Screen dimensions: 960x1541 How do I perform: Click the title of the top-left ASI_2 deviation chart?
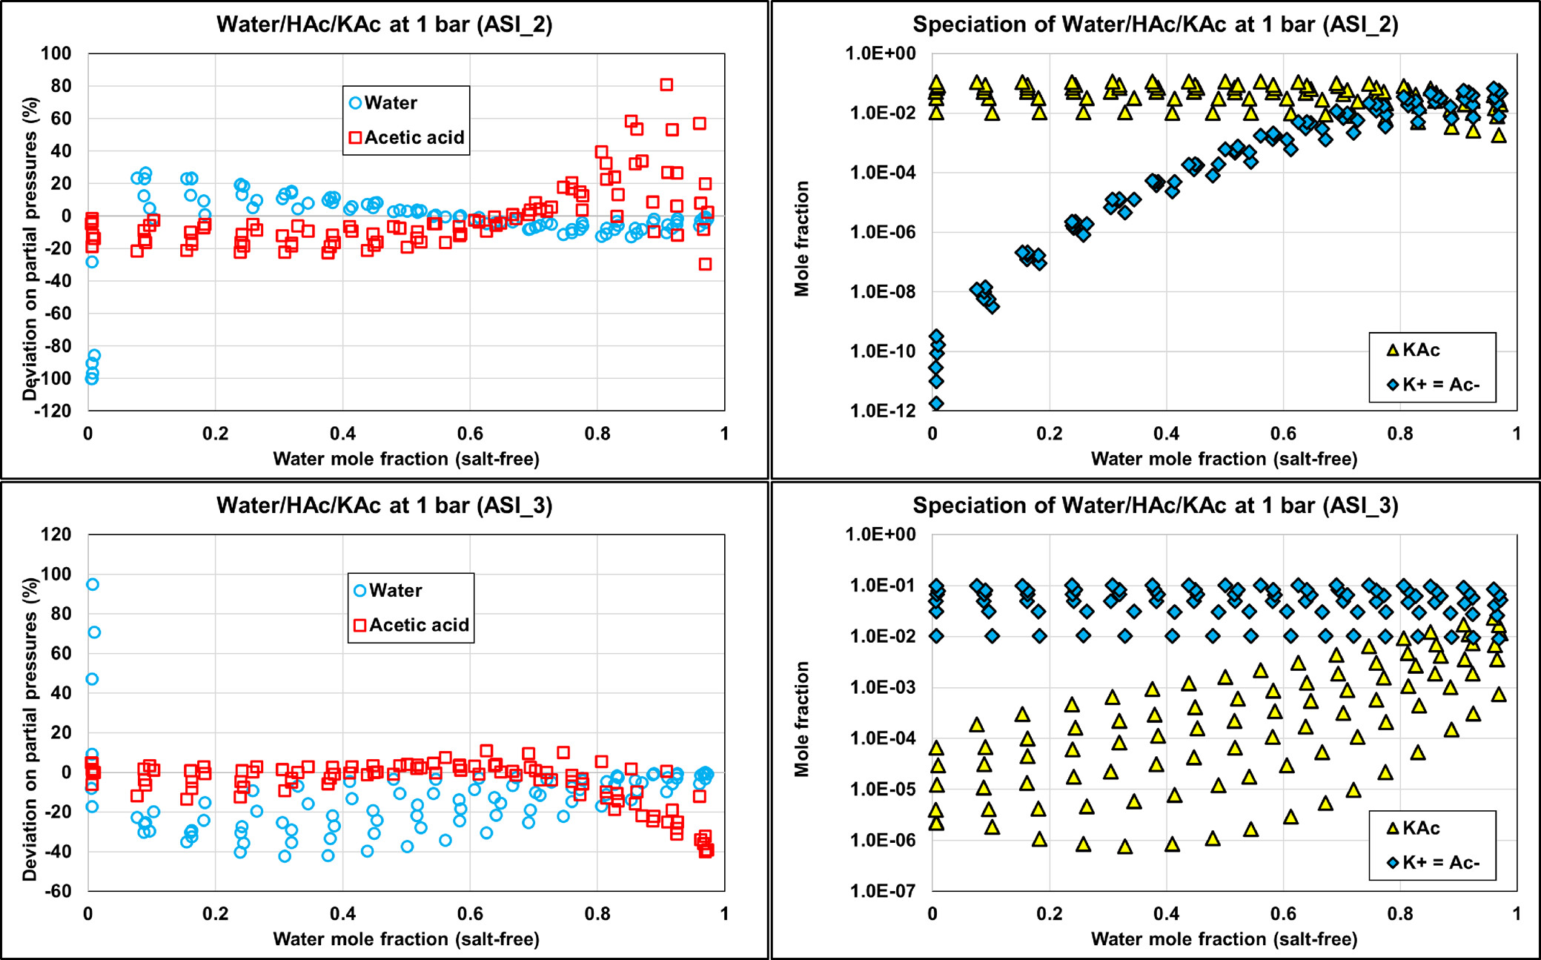click(x=384, y=24)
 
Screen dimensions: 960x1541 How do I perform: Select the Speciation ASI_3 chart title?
click(x=1155, y=506)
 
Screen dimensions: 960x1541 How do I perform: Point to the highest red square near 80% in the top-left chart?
click(x=666, y=85)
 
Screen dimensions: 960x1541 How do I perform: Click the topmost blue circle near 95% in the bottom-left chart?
click(x=93, y=584)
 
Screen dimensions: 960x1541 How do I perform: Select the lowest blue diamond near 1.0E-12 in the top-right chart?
click(x=936, y=404)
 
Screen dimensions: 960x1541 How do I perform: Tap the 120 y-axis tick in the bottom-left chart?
click(x=56, y=534)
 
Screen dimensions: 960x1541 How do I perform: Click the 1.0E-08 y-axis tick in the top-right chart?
click(x=882, y=291)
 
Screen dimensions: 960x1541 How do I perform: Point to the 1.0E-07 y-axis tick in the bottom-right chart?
click(x=882, y=890)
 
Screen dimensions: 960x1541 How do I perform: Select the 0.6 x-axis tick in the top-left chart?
click(x=470, y=434)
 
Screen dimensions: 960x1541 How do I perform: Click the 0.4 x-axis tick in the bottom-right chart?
click(x=1166, y=913)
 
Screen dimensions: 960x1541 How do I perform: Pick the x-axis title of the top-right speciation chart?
click(x=1224, y=459)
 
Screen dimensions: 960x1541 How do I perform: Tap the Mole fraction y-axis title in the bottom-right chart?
click(x=802, y=719)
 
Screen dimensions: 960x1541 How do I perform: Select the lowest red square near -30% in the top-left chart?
click(x=705, y=264)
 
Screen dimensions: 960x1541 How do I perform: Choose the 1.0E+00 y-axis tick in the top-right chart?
click(x=882, y=53)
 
